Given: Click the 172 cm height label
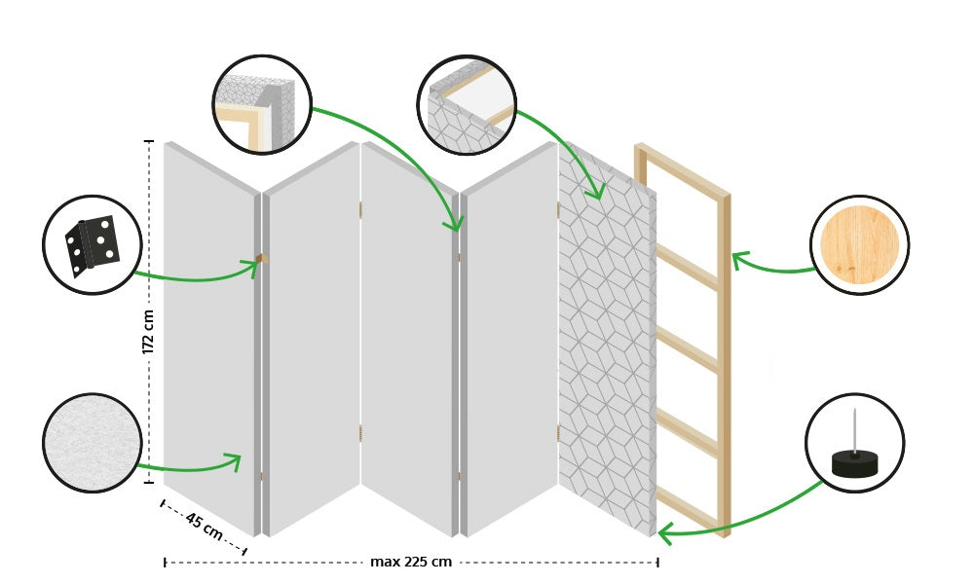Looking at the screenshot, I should click(149, 331).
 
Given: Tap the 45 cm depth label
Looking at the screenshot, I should click(204, 527).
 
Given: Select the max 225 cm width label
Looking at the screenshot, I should click(410, 562).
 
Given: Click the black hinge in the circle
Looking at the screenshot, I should click(93, 245).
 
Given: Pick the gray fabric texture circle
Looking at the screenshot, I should click(93, 443).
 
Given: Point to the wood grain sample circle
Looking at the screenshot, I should click(859, 245).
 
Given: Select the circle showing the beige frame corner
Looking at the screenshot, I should click(261, 105).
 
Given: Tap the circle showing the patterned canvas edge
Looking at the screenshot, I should click(467, 105).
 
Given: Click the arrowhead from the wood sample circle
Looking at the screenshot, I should click(737, 258).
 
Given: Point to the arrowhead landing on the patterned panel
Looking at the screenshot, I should click(596, 193).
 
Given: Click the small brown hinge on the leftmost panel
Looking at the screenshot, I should click(261, 258).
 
